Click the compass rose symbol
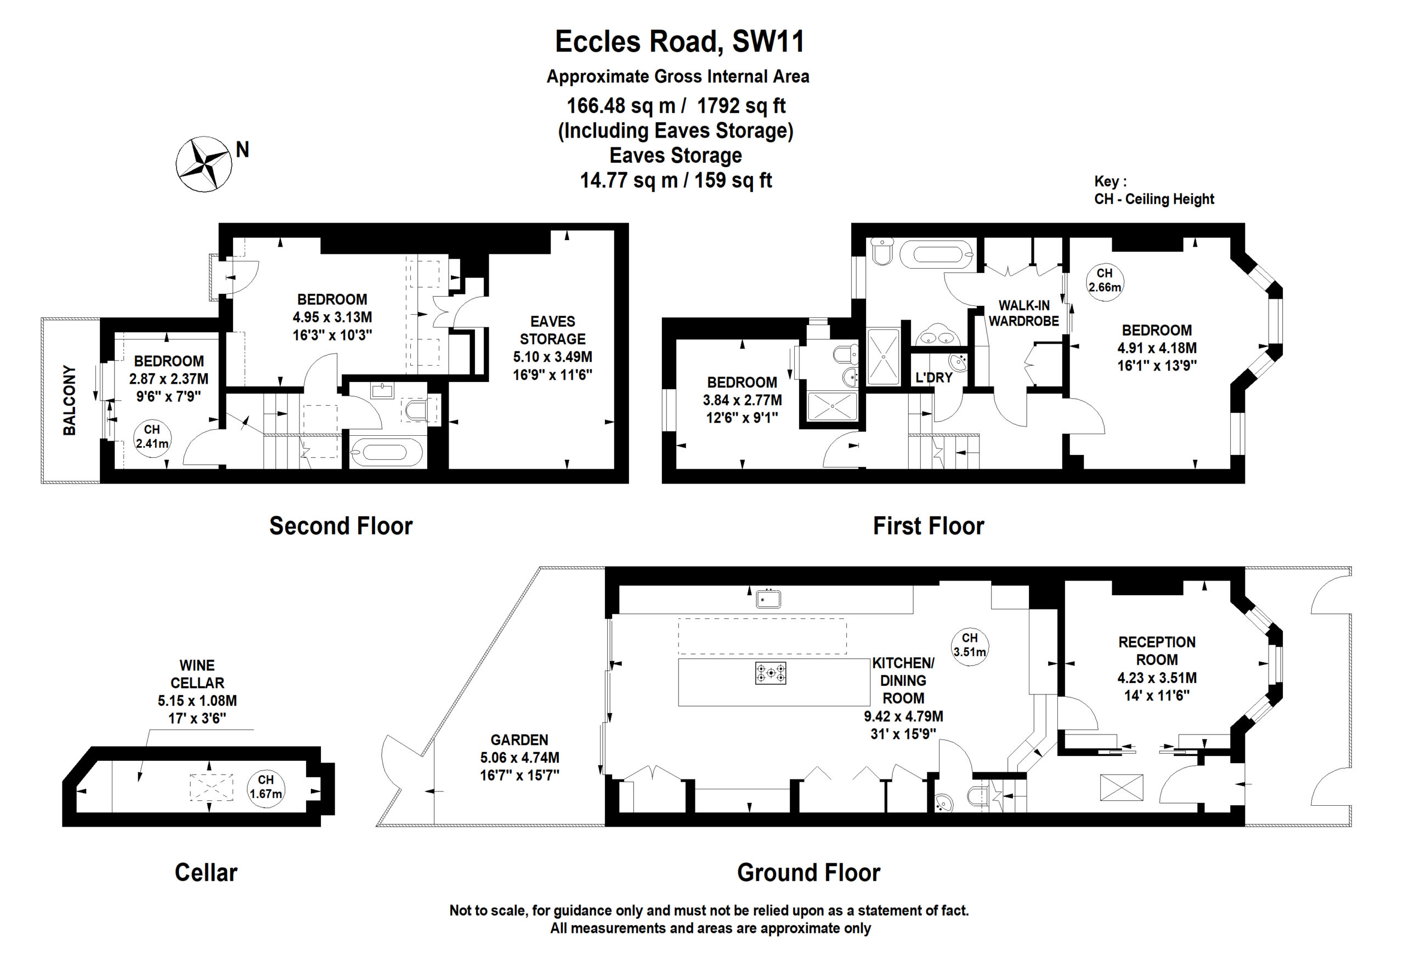[x=204, y=164]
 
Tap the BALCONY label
[x=70, y=400]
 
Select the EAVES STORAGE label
[x=552, y=330]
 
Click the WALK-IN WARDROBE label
[x=1023, y=313]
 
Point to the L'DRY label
[x=933, y=378]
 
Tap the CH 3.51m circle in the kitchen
[x=969, y=646]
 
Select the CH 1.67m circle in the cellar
[x=265, y=788]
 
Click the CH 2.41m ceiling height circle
[x=151, y=437]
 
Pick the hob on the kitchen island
[x=770, y=673]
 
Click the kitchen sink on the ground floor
[x=768, y=599]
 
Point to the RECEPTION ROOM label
[x=1156, y=651]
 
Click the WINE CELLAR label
[x=197, y=674]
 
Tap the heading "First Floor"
[x=928, y=526]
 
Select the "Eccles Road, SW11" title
[x=680, y=42]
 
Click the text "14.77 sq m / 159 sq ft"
[x=676, y=180]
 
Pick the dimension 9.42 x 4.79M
[x=903, y=716]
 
